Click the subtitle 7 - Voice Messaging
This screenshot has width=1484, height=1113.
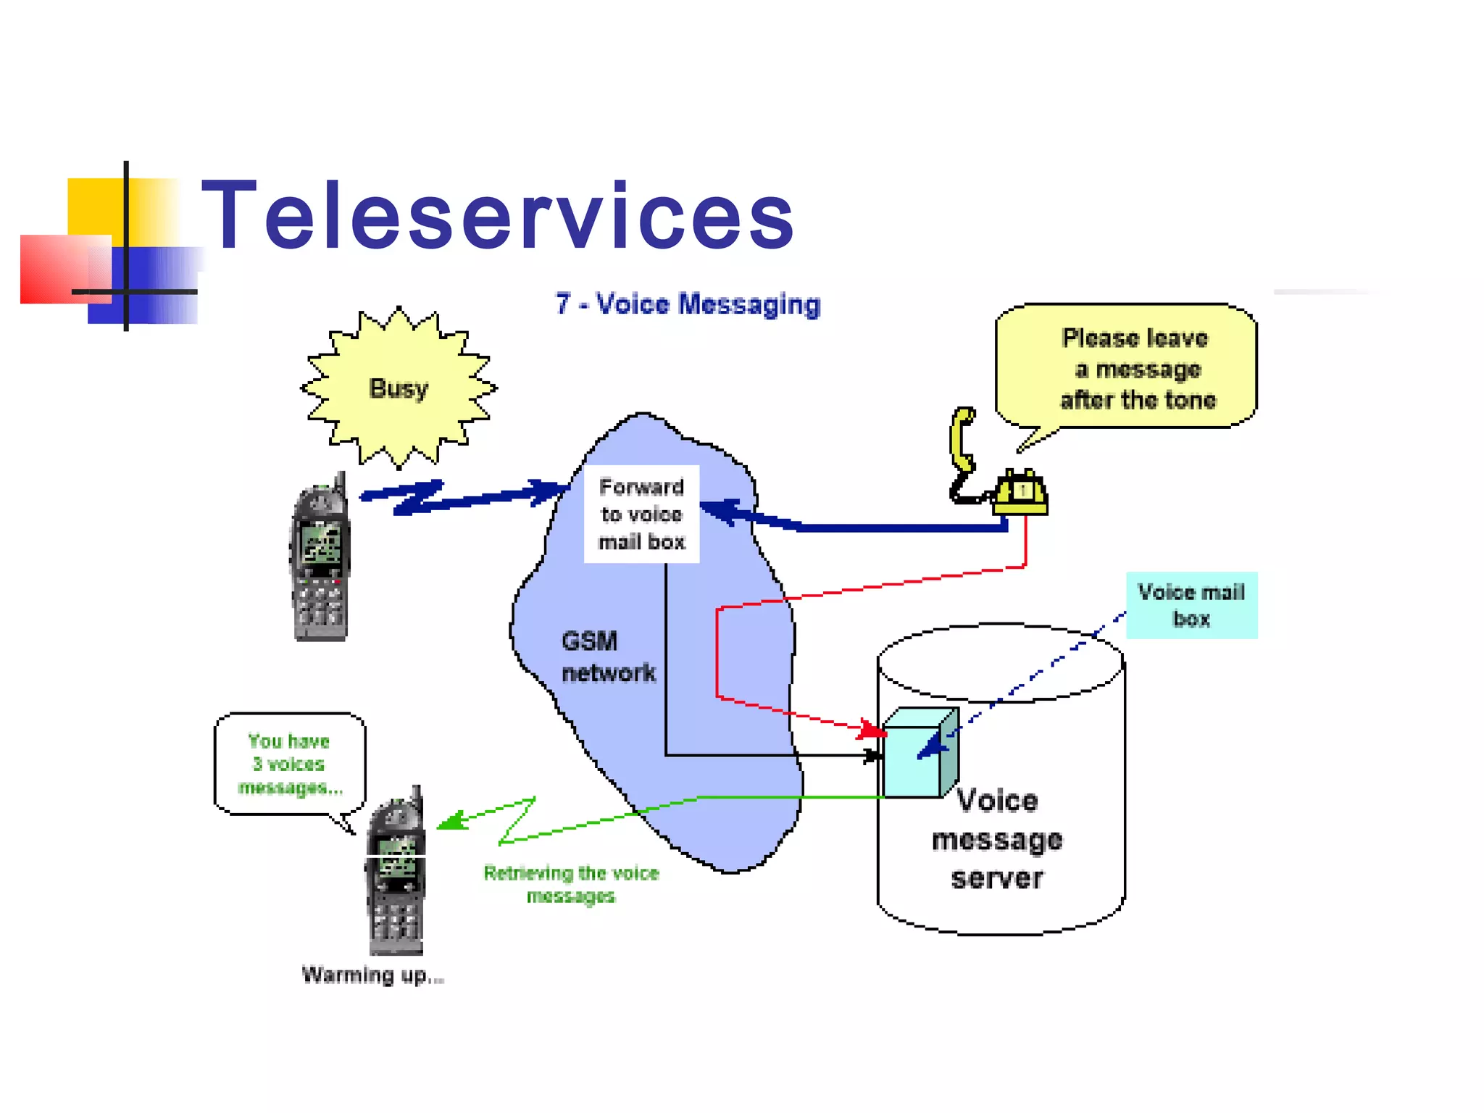[687, 304]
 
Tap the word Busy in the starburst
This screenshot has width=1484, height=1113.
[399, 388]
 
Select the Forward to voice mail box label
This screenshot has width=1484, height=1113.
[641, 514]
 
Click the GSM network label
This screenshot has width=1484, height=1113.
[607, 656]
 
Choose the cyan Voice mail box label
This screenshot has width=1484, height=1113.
[1191, 605]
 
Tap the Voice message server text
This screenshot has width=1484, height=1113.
[997, 839]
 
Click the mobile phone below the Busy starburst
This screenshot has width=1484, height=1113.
[320, 562]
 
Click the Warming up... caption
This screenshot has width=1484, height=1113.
[372, 975]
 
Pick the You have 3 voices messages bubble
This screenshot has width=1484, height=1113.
[290, 764]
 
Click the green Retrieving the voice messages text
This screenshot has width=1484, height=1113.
[571, 883]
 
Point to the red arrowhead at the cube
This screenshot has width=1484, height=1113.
[872, 730]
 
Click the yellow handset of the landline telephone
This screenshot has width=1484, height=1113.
[962, 439]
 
